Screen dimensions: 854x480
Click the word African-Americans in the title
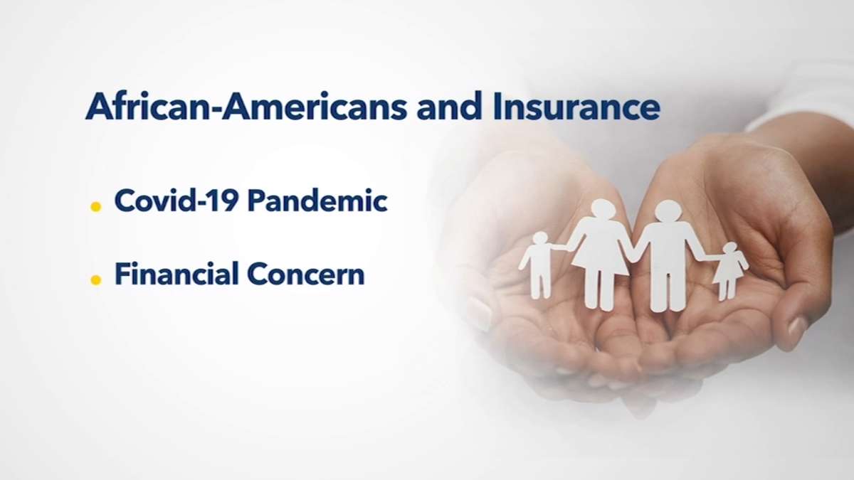[247, 106]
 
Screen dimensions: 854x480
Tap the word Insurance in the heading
[576, 106]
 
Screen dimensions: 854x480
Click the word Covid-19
[176, 201]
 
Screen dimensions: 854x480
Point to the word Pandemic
[317, 201]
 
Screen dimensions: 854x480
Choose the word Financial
[176, 274]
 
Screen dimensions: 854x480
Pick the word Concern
[306, 274]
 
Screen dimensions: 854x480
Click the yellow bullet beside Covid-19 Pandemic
[95, 206]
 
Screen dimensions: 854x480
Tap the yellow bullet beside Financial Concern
[95, 280]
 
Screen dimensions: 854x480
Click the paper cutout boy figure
[538, 265]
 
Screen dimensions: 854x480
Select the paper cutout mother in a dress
[600, 255]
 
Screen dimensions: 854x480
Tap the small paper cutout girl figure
[729, 270]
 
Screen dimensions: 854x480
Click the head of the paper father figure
[668, 211]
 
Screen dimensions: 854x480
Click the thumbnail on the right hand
[797, 326]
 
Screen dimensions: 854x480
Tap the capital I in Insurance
[497, 106]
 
